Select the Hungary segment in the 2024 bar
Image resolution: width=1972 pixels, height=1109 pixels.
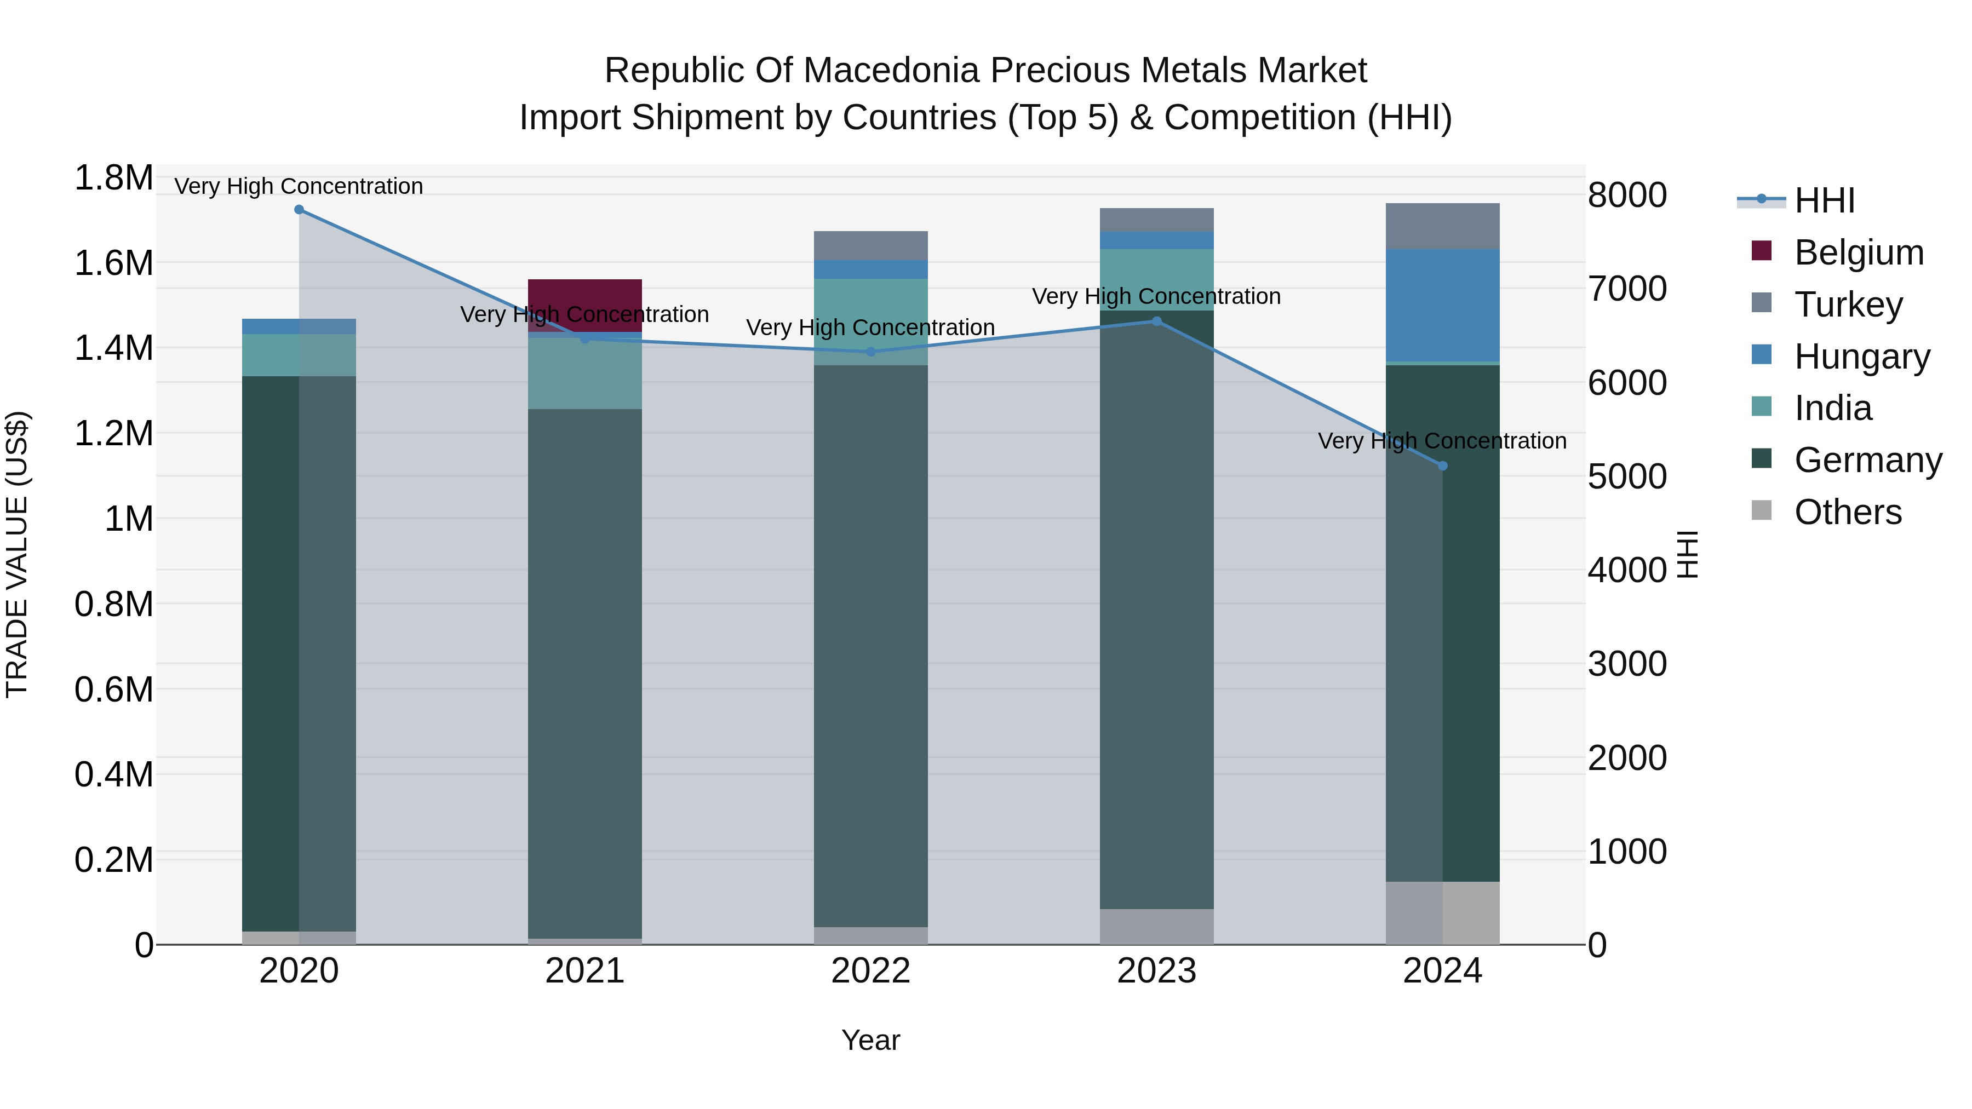pos(1442,304)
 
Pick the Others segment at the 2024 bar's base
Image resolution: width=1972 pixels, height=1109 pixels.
pos(1442,912)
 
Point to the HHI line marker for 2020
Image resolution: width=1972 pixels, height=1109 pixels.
pos(299,210)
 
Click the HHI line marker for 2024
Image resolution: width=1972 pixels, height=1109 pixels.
pos(1442,466)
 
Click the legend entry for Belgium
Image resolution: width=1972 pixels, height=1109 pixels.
pos(1858,252)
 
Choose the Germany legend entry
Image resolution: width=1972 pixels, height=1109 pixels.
pos(1867,460)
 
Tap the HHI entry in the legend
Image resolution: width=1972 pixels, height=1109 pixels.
pos(1824,200)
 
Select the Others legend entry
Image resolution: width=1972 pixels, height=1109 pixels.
pos(1847,512)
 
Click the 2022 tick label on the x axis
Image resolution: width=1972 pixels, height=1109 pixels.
pos(870,971)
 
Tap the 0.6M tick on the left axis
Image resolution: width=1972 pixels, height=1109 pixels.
pos(113,689)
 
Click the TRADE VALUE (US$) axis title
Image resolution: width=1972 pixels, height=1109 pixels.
pos(17,554)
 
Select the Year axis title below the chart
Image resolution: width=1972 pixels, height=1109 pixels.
pos(870,1040)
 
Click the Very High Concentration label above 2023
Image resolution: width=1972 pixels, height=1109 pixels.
pos(1156,296)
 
